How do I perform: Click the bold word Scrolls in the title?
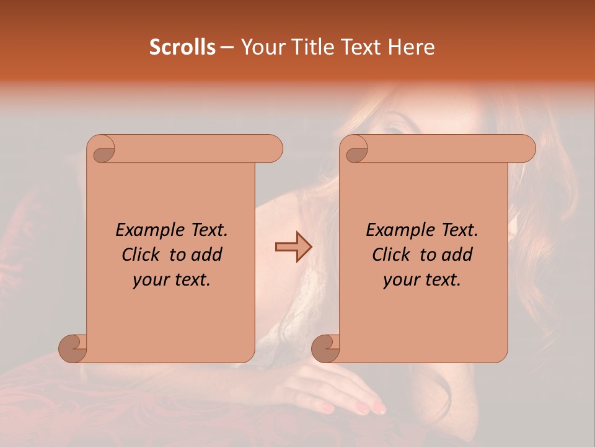point(182,47)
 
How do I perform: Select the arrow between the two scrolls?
point(293,247)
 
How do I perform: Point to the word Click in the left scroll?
point(143,255)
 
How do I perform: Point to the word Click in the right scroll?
point(394,255)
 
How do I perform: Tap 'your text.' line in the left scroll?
point(172,280)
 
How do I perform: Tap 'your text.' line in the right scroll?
point(422,280)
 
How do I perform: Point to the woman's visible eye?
point(395,129)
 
